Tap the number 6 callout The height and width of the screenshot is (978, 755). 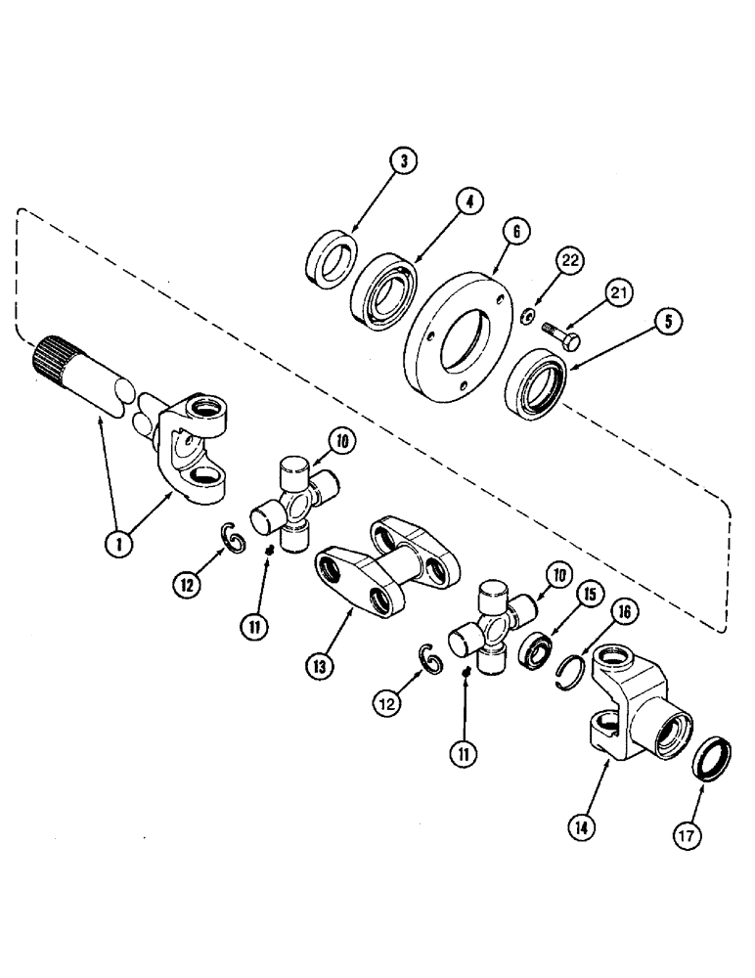[x=515, y=231]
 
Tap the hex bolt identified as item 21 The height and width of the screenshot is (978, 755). [x=561, y=335]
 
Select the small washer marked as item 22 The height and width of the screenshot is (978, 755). [x=526, y=314]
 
